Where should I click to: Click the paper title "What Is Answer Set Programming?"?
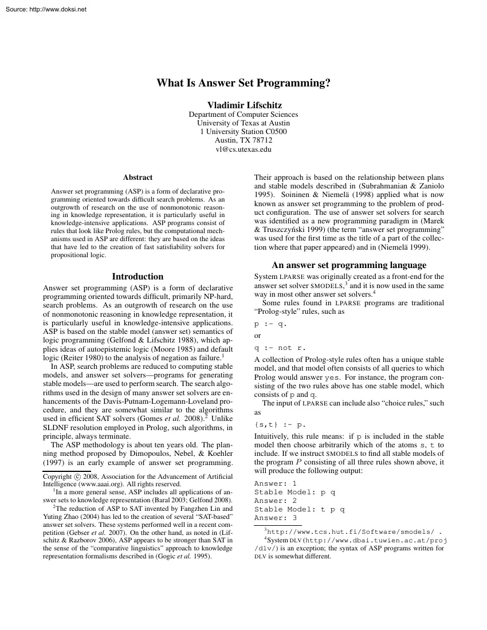click(x=244, y=83)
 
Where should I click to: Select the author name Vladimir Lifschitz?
click(x=244, y=105)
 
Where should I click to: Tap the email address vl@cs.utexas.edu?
click(x=244, y=149)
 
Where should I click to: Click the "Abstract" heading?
click(x=138, y=178)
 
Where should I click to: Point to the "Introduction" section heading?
click(x=138, y=276)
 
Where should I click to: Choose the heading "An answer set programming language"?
click(x=349, y=265)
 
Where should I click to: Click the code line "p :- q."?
click(x=270, y=324)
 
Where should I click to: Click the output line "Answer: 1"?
click(x=275, y=483)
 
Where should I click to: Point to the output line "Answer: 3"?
click(x=275, y=518)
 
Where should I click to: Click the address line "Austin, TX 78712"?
click(x=244, y=140)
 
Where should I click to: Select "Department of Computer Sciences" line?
click(x=244, y=114)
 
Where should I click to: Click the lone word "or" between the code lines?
click(x=258, y=336)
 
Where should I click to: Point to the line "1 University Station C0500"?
click(x=244, y=132)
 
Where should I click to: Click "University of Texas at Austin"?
click(x=244, y=123)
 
